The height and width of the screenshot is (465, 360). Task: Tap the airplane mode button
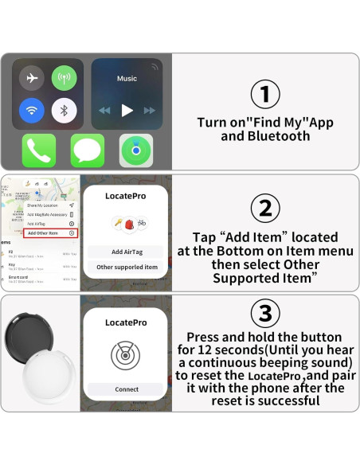[x=32, y=78]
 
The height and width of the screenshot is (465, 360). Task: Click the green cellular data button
[x=64, y=78]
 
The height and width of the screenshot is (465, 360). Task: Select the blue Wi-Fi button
[x=32, y=110]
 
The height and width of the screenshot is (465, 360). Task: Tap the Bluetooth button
[x=64, y=110]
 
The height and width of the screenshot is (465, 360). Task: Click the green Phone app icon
[x=39, y=150]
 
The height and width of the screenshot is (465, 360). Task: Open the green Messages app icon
[x=88, y=150]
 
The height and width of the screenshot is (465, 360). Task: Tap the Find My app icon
[x=136, y=150]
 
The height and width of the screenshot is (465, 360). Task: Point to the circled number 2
[x=265, y=209]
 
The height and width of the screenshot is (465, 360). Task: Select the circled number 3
[x=265, y=311]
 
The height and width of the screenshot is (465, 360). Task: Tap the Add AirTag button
[x=127, y=252]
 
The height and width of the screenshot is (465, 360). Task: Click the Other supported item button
[x=127, y=267]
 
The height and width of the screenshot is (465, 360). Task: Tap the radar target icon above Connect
[x=127, y=355]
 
